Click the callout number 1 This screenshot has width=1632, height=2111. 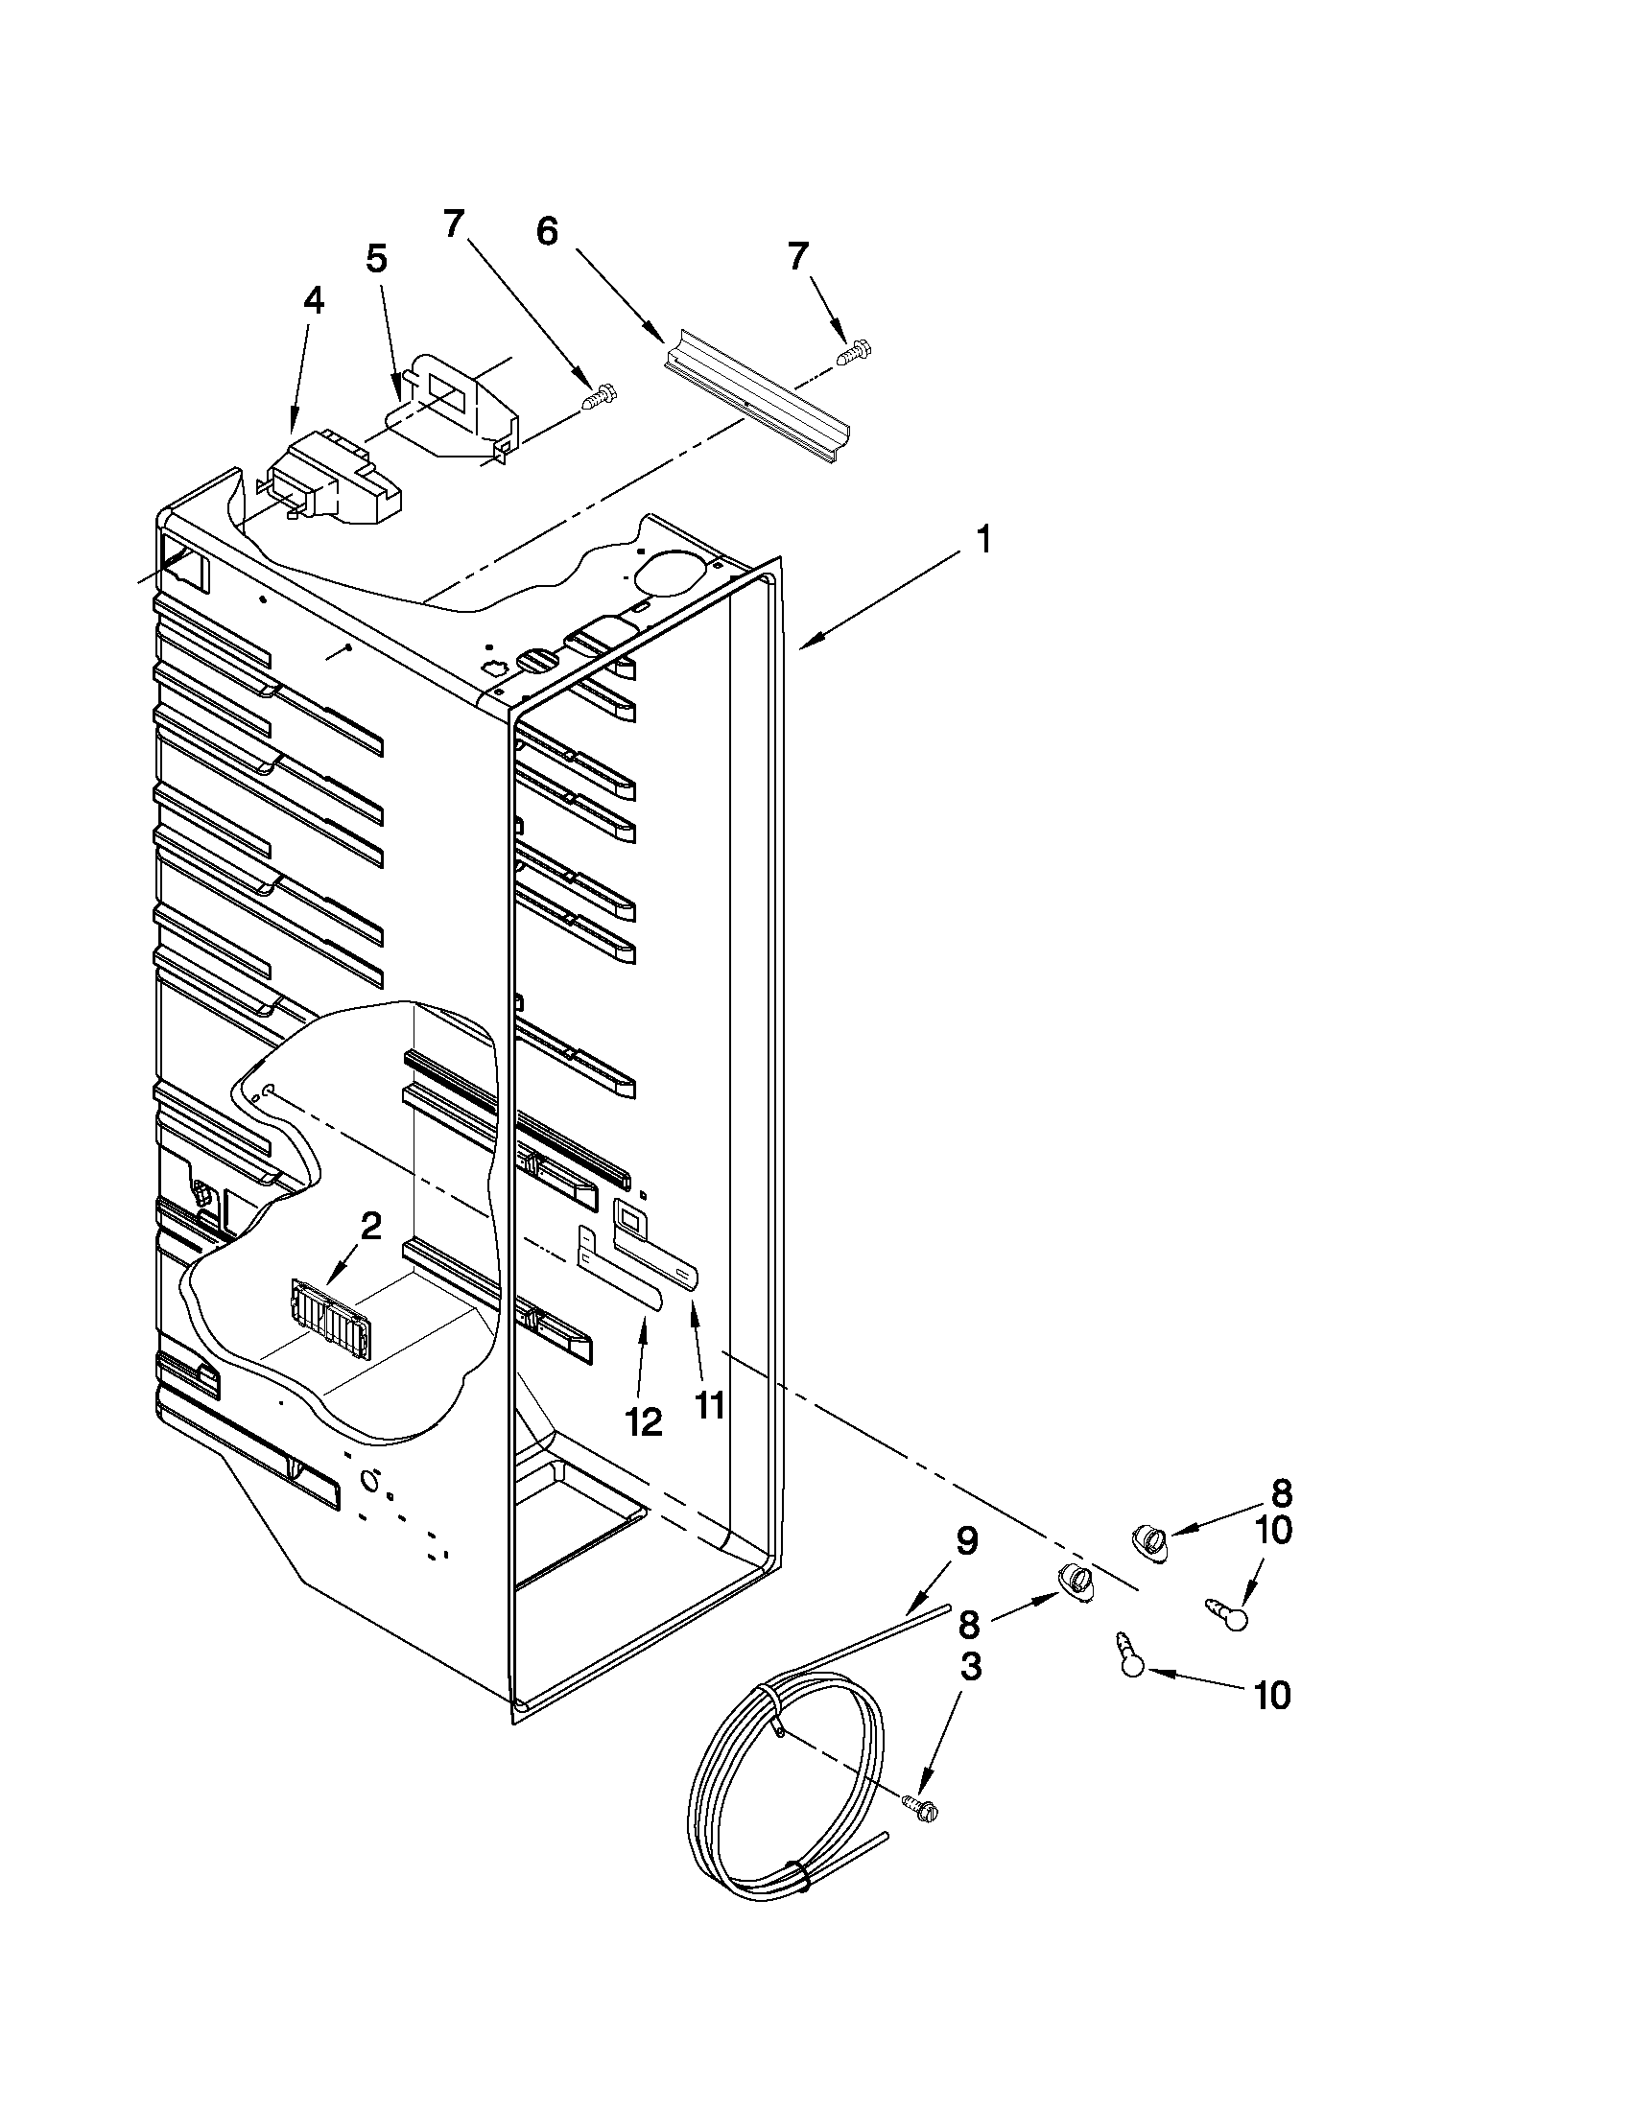click(982, 538)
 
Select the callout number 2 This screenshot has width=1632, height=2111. click(371, 1227)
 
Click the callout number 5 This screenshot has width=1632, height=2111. click(377, 259)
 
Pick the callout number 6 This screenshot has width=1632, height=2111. click(547, 232)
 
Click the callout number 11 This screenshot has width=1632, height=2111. click(710, 1404)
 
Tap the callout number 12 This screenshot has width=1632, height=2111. click(644, 1420)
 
